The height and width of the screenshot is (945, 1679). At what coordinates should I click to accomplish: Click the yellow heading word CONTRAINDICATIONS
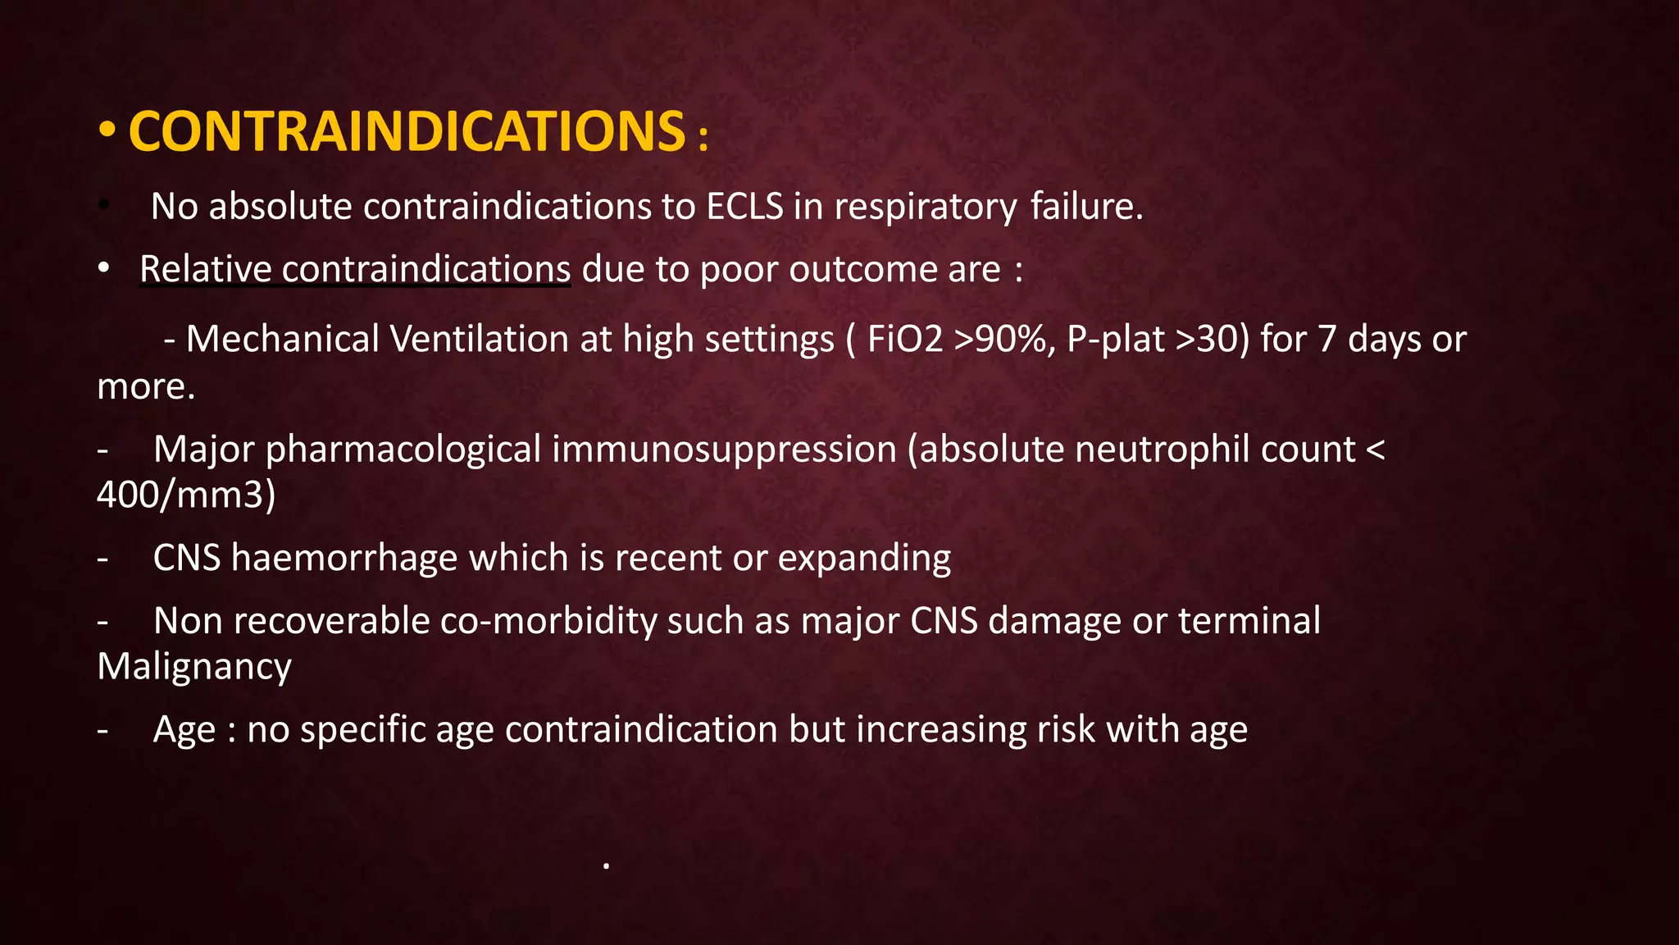tap(407, 131)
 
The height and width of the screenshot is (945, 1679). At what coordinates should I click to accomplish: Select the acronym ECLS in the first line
tap(744, 206)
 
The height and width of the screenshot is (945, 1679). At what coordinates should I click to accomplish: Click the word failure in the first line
tap(1086, 206)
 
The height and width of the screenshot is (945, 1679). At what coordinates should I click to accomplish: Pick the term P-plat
tap(1116, 339)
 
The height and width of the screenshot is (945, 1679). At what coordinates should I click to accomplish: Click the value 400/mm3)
tap(186, 495)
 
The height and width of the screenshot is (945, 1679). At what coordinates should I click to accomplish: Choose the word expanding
tap(864, 559)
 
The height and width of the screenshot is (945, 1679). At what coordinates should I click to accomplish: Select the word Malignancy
tap(194, 666)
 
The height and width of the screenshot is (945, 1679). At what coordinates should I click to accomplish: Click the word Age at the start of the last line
tap(184, 730)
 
